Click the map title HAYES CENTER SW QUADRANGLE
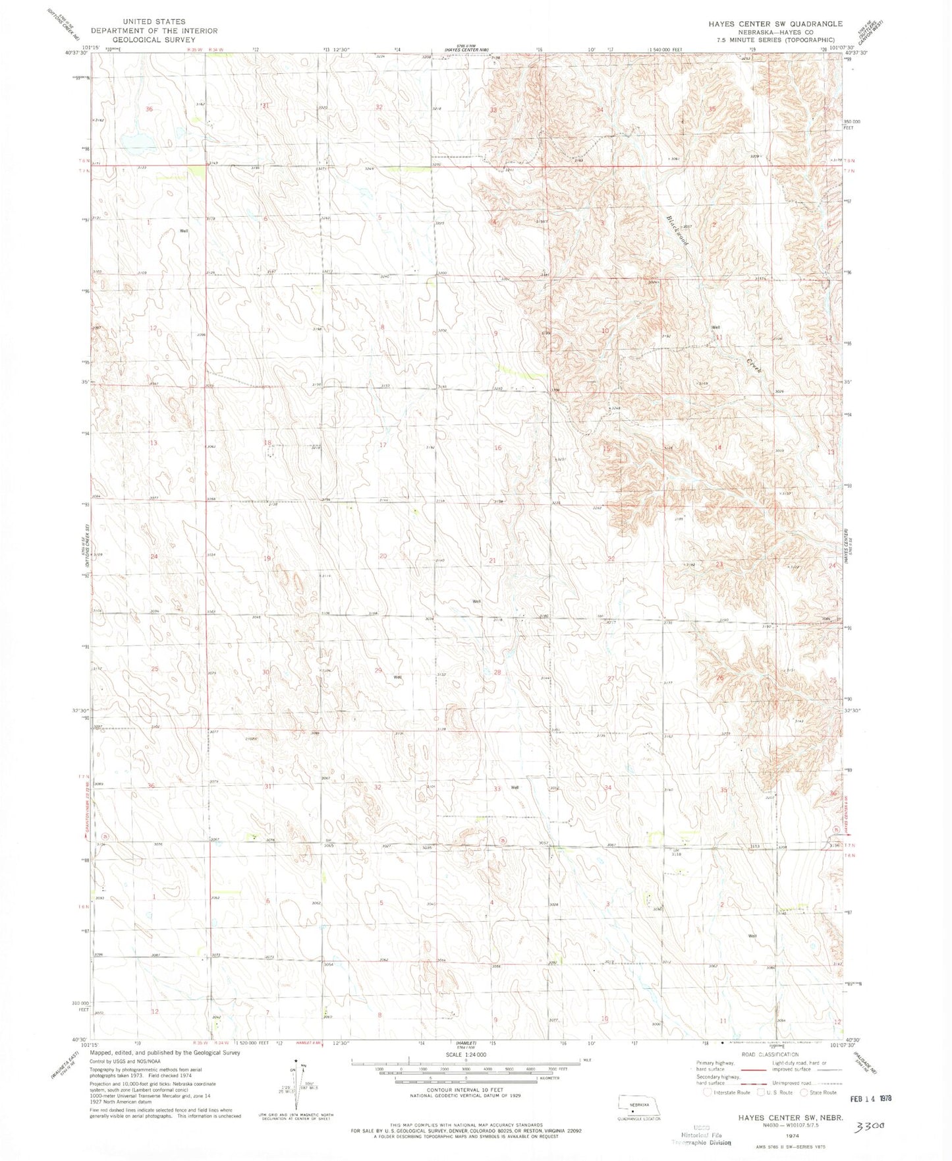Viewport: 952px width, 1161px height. (775, 24)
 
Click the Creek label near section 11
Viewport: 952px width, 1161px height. (754, 365)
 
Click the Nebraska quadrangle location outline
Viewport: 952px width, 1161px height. (638, 1105)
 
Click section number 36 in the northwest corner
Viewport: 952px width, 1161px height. (149, 109)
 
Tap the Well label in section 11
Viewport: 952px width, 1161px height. (715, 328)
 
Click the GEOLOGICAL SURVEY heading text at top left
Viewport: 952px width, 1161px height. (154, 39)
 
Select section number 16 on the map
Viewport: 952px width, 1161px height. (498, 448)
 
